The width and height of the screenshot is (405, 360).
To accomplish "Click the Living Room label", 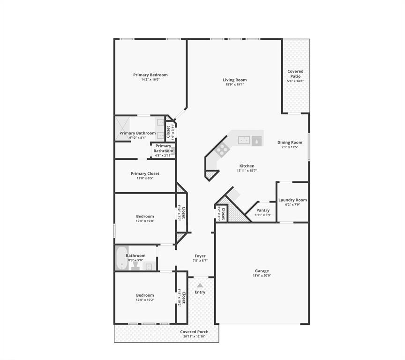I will [x=234, y=80].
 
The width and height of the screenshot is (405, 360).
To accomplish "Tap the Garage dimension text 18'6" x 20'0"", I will [x=262, y=276].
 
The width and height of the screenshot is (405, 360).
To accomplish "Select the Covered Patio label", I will [x=295, y=74].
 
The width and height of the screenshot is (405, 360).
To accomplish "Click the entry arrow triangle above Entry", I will [x=200, y=285].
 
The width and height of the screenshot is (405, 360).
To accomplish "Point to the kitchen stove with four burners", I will [x=222, y=150].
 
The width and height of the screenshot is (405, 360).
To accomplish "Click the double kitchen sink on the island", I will [x=244, y=140].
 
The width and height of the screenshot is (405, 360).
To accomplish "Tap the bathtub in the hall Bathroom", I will [x=121, y=258].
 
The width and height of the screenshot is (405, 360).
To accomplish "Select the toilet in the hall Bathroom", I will [x=135, y=265].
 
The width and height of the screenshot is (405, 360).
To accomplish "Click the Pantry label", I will [x=263, y=210].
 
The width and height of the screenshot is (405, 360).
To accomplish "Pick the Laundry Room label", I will [x=292, y=200].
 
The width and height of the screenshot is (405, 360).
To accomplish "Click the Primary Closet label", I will [x=145, y=173].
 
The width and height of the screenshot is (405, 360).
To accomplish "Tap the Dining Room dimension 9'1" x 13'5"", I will [x=290, y=147].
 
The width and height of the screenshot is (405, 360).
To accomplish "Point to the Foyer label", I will [x=200, y=256].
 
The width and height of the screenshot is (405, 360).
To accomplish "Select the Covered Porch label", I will [x=195, y=332].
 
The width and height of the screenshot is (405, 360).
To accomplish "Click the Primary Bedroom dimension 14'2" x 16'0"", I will [x=150, y=80].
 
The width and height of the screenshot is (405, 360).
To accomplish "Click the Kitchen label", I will [x=247, y=166].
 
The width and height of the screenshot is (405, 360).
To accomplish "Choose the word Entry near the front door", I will [x=200, y=292].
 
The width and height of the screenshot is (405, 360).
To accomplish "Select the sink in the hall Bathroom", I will [x=149, y=267].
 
